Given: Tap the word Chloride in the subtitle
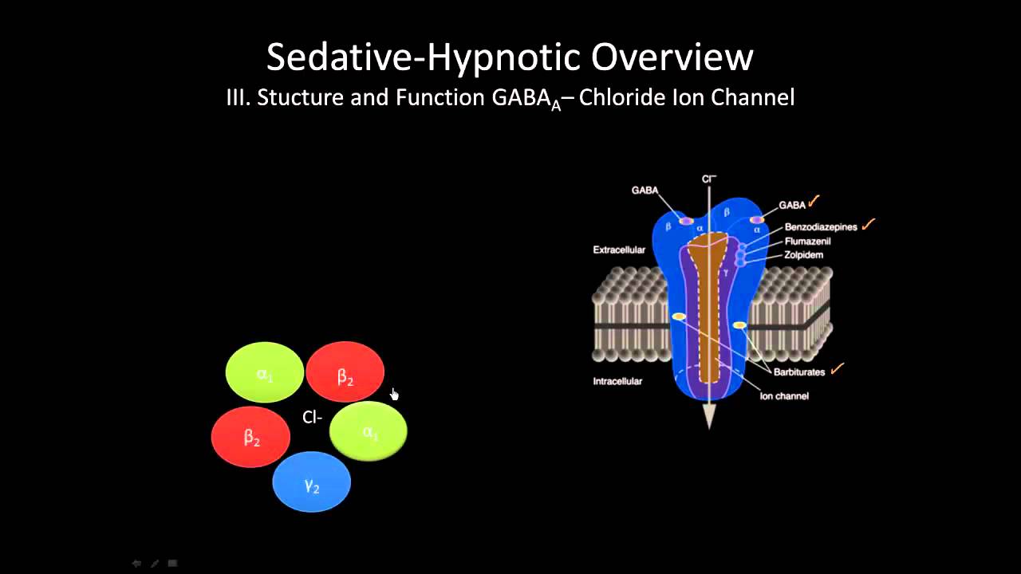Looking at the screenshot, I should point(622,98).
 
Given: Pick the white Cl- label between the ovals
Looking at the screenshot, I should point(312,418).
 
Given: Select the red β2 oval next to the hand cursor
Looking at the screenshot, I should point(345,372).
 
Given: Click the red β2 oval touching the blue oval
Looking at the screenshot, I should point(251,437).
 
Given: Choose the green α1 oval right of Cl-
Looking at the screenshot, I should point(369,431).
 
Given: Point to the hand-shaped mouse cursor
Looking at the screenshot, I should point(394,395).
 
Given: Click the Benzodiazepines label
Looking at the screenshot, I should point(820,227).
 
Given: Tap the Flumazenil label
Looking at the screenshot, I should point(808,241).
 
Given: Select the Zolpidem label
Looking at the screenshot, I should point(803,255).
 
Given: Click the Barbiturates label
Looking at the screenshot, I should point(798,372).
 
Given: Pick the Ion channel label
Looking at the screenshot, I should point(783,396).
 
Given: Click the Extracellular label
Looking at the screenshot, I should point(619,250).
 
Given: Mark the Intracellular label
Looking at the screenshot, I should point(617,382).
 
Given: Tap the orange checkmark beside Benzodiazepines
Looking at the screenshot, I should point(869,225).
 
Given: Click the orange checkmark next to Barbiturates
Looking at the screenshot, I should point(837,368).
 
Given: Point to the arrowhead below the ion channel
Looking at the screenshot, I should point(709,416).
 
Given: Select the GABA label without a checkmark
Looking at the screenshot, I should point(645,191).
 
